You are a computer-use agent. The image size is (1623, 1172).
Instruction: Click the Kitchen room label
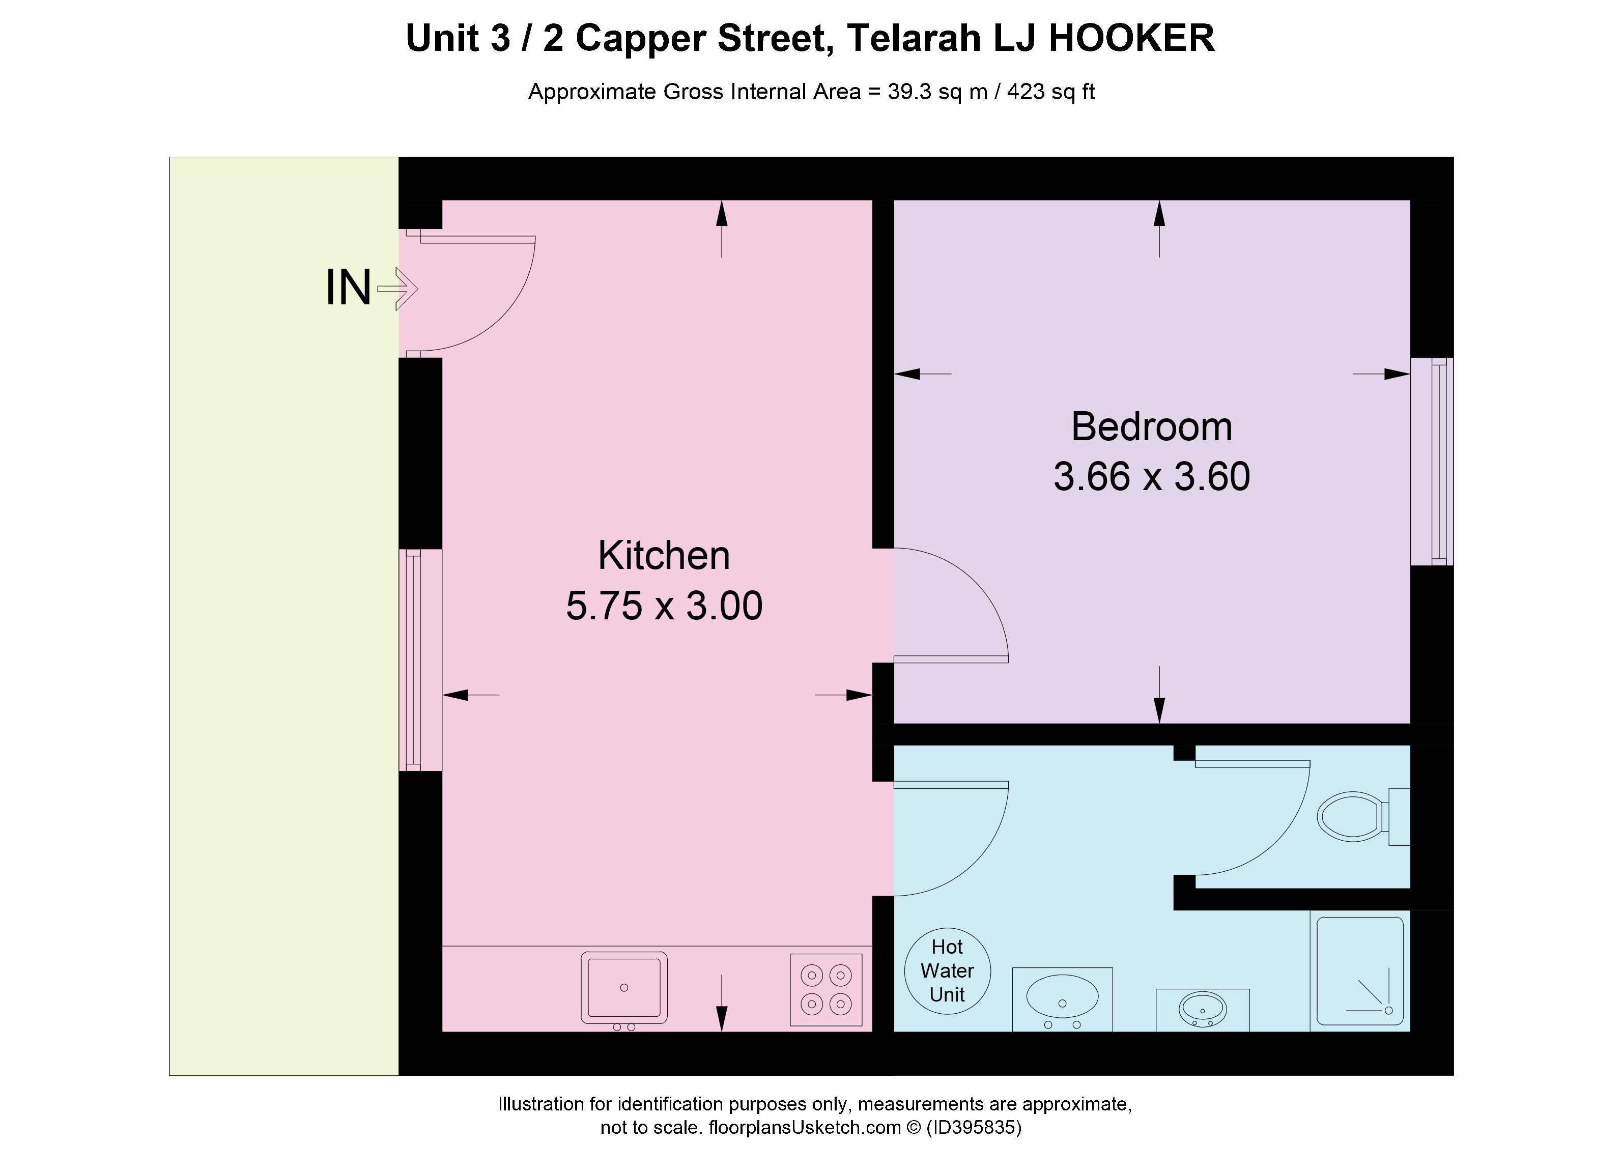[664, 555]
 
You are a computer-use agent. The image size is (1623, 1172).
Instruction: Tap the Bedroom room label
[1151, 427]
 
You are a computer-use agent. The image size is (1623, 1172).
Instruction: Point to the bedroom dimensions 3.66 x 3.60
[1151, 476]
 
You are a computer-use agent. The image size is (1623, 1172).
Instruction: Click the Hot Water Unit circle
[948, 970]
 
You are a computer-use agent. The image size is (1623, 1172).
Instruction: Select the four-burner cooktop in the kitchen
[826, 990]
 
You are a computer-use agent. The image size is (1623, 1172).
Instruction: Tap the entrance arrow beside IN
[397, 289]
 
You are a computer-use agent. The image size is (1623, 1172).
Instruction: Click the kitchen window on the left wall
[420, 660]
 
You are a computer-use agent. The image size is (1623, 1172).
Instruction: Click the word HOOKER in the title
[1131, 38]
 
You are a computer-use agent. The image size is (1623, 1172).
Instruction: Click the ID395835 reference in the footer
[975, 1128]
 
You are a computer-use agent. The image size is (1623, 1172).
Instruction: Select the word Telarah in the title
[913, 38]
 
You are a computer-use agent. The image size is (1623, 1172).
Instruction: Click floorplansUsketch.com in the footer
[804, 1128]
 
